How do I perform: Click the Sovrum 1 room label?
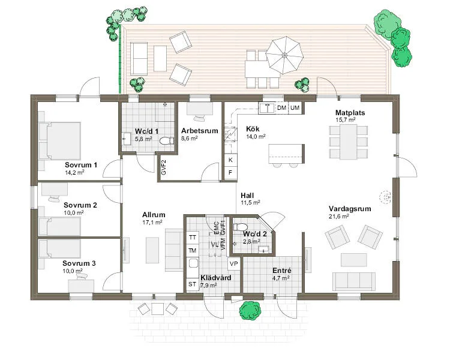pos(80,165)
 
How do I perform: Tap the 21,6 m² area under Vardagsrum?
pos(338,216)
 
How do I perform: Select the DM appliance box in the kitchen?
pos(282,108)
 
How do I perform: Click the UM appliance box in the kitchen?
pos(295,108)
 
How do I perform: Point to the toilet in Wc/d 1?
pos(167,141)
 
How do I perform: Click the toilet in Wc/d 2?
pos(240,227)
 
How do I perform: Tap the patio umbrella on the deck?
pos(284,55)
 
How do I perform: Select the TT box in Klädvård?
pos(192,238)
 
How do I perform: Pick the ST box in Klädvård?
pos(192,284)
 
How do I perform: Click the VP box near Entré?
pos(234,263)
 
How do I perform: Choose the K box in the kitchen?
pos(230,160)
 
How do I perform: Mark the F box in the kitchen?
pos(230,173)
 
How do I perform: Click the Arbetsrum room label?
pos(199,131)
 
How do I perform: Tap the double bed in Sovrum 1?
pos(59,141)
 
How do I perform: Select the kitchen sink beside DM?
pos(267,108)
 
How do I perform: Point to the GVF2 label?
pos(164,167)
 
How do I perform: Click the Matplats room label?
pos(350,113)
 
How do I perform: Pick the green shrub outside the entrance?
pos(250,311)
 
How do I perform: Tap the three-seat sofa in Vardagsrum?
pos(354,281)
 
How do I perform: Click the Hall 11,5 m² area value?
pos(250,203)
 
